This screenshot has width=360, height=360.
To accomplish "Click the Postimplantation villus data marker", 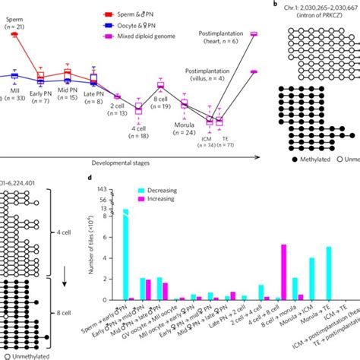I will (x=254, y=71).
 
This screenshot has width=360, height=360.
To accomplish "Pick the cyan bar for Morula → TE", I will (x=328, y=273).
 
